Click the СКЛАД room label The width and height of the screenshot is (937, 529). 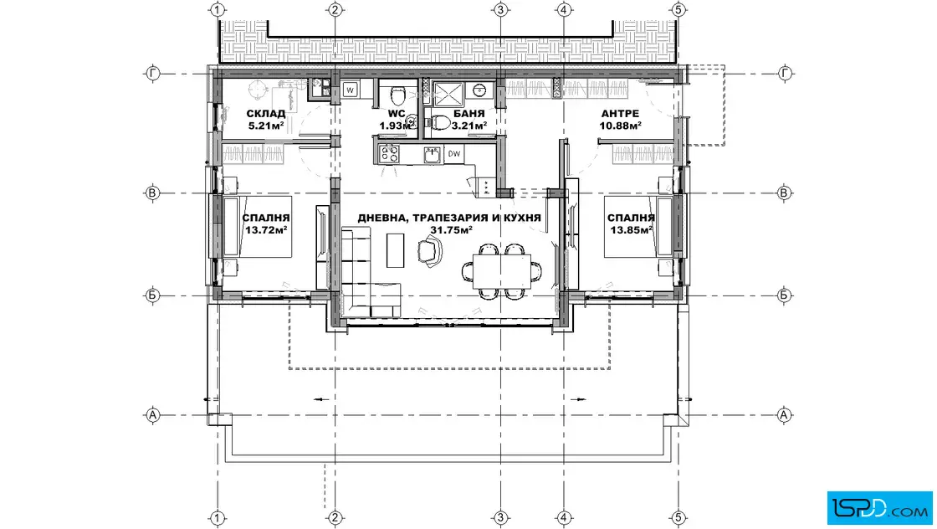[x=266, y=114]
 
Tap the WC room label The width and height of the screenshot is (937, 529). [x=397, y=114]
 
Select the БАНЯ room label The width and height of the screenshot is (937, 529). [x=469, y=114]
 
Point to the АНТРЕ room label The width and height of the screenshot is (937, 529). [x=620, y=114]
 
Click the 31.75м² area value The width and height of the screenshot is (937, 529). [x=452, y=229]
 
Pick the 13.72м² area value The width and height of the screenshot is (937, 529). [x=267, y=229]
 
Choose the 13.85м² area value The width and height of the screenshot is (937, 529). [x=631, y=229]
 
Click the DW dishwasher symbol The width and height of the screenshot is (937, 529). [x=454, y=154]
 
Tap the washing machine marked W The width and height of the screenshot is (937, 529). [x=351, y=90]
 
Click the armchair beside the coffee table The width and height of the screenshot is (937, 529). [x=429, y=250]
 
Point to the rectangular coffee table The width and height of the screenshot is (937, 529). [x=395, y=250]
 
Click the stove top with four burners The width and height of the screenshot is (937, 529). [x=390, y=154]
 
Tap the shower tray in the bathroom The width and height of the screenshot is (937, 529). [x=448, y=95]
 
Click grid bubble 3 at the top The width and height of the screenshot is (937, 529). [x=501, y=9]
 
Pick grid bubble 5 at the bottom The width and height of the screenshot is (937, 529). [x=678, y=517]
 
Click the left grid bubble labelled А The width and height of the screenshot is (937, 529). [x=152, y=415]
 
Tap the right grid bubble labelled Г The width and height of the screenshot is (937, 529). [x=785, y=74]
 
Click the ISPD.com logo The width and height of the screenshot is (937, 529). [x=879, y=508]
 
